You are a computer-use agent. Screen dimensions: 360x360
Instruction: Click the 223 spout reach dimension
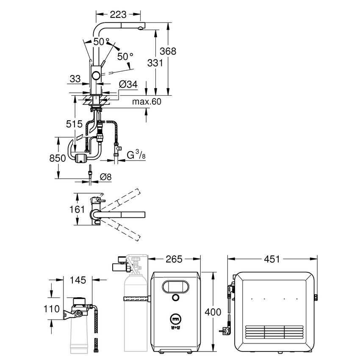click(118, 14)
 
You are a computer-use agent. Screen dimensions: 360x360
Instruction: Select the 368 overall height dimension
click(168, 51)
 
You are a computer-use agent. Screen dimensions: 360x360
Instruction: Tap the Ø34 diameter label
click(129, 85)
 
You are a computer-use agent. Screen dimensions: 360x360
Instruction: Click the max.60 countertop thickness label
click(147, 102)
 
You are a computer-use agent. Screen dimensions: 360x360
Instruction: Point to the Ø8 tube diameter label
click(105, 177)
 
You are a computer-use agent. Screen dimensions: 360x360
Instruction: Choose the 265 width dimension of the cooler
click(174, 258)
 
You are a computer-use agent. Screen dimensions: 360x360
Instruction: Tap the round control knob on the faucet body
click(97, 76)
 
